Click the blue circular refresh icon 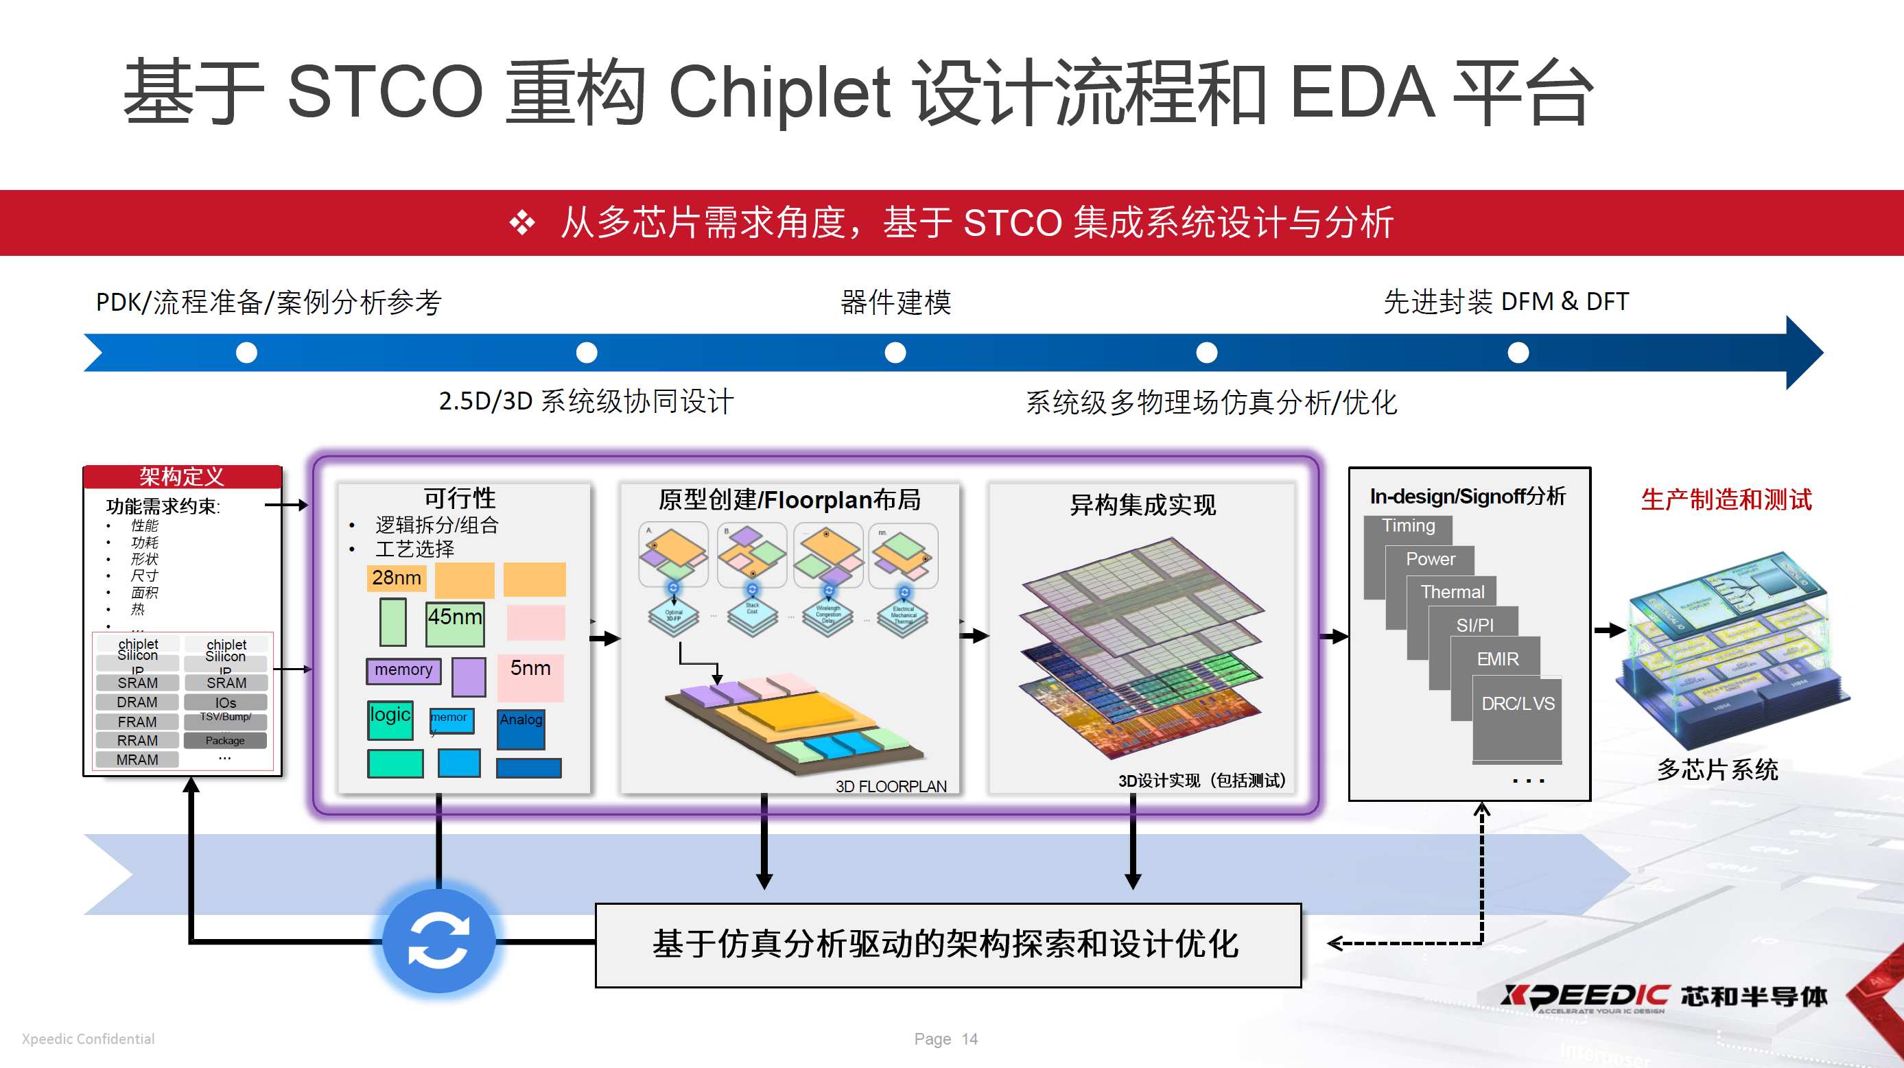438,942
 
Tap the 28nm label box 396,578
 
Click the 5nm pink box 530,676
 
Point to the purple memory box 403,670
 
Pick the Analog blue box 521,726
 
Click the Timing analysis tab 1408,525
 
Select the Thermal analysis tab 1452,591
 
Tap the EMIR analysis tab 1496,658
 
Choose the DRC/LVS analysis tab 1518,704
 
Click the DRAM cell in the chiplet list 137,702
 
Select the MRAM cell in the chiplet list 137,760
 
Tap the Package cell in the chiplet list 226,741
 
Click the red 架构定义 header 182,477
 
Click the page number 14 969,1039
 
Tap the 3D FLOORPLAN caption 891,786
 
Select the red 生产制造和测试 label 1726,499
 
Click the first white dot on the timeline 246,353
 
